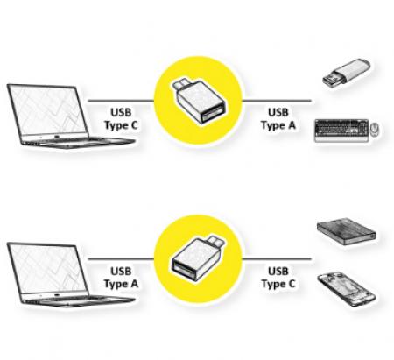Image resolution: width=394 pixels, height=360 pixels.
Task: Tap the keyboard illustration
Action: click(x=341, y=131)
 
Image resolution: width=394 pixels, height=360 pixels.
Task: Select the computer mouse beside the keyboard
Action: click(x=375, y=130)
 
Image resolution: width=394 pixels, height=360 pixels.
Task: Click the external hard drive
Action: click(x=347, y=231)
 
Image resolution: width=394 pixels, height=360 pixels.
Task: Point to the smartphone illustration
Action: click(x=347, y=288)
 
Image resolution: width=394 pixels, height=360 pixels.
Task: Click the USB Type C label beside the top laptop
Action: click(x=121, y=119)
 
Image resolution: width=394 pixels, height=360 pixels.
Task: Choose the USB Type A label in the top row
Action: click(x=278, y=119)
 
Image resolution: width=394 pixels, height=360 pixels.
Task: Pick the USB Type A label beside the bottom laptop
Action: click(x=121, y=278)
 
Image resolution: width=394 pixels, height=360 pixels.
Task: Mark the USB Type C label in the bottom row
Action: click(x=278, y=278)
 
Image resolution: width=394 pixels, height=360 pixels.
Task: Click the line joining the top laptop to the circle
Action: click(x=121, y=101)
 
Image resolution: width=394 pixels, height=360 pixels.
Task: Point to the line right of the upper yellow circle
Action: click(x=277, y=101)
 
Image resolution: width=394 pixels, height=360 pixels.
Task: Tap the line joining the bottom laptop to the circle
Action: click(x=121, y=259)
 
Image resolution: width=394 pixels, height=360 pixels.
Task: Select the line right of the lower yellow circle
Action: click(x=277, y=259)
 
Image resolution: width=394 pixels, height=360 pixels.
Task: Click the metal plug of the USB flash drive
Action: click(x=332, y=80)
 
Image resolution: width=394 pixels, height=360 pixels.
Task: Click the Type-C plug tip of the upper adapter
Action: click(x=179, y=84)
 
